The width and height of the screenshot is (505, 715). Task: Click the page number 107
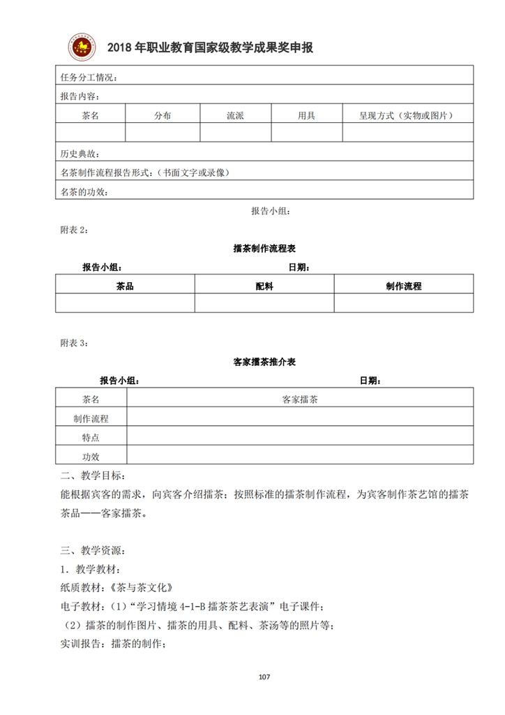point(264,677)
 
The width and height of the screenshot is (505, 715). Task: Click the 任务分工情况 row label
point(89,77)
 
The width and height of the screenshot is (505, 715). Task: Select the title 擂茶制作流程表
point(264,248)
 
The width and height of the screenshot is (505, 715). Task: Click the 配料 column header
point(264,286)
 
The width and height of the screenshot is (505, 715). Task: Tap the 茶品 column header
point(125,286)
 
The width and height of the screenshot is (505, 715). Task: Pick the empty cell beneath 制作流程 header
point(403,302)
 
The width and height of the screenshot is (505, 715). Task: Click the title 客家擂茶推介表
point(264,362)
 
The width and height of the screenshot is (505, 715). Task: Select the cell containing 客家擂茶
point(300,399)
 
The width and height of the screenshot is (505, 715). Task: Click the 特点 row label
point(91,437)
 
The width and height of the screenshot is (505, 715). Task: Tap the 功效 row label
point(91,456)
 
